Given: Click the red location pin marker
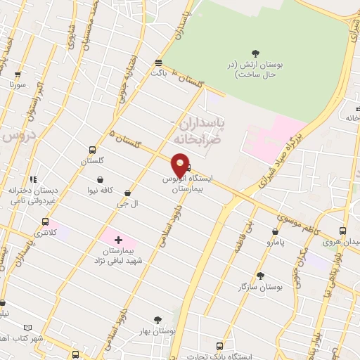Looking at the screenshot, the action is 181,165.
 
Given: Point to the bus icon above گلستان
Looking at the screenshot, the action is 92,150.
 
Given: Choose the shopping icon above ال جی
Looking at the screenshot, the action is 127,191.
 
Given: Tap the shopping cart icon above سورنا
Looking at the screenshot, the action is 17,73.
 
